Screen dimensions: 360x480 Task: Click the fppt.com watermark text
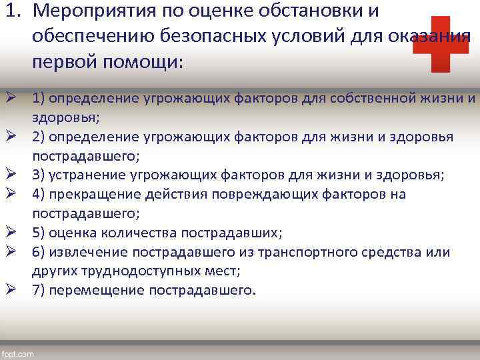(x=18, y=354)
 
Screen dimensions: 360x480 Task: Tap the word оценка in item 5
(x=73, y=233)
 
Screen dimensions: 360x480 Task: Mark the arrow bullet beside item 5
(x=12, y=232)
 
